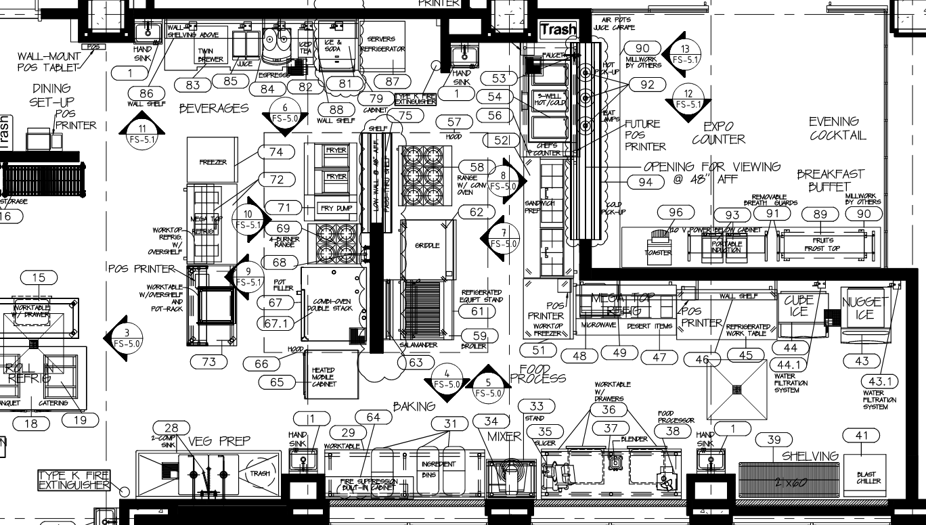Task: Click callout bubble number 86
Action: click(x=146, y=93)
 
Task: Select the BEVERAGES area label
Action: click(x=214, y=109)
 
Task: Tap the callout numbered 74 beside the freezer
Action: click(x=276, y=152)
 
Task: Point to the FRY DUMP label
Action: click(x=336, y=208)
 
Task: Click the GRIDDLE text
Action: click(x=427, y=245)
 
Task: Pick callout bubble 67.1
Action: click(x=276, y=323)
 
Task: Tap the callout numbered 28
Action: click(x=171, y=428)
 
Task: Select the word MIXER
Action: click(x=505, y=437)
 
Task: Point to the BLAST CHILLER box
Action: click(x=866, y=478)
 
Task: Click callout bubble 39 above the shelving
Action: click(x=774, y=440)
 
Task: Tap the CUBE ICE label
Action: click(x=799, y=306)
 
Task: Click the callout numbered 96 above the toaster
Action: click(x=676, y=212)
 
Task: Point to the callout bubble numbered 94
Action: click(x=646, y=181)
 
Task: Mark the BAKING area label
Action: click(x=414, y=407)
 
